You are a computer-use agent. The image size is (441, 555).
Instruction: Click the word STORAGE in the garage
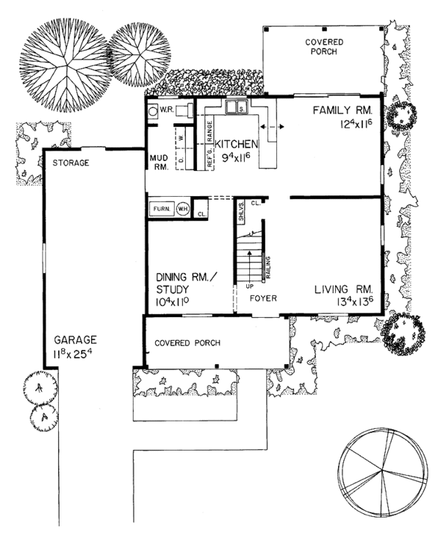(71, 162)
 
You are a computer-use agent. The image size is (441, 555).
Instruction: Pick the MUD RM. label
(159, 162)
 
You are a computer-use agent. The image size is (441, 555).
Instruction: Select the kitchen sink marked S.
(239, 110)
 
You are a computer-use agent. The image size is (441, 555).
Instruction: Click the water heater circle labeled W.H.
(182, 209)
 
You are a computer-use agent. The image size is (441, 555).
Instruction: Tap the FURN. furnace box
(162, 209)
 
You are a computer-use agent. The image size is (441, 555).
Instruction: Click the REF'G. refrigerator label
(209, 159)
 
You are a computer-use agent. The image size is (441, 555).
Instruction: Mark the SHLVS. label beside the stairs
(241, 211)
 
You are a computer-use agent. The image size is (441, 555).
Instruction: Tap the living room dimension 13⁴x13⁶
(344, 302)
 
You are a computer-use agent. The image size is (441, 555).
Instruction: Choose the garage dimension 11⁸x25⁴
(75, 353)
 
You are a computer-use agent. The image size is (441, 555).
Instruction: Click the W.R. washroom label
(166, 111)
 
